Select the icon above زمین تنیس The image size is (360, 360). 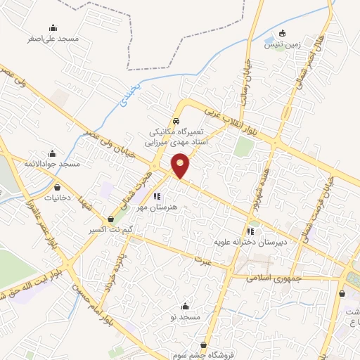tap(283, 32)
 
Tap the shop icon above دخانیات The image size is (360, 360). tap(58, 188)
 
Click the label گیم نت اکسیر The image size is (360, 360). tap(112, 230)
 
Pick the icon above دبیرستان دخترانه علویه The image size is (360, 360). tap(250, 231)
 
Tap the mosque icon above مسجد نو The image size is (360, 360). tap(186, 306)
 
